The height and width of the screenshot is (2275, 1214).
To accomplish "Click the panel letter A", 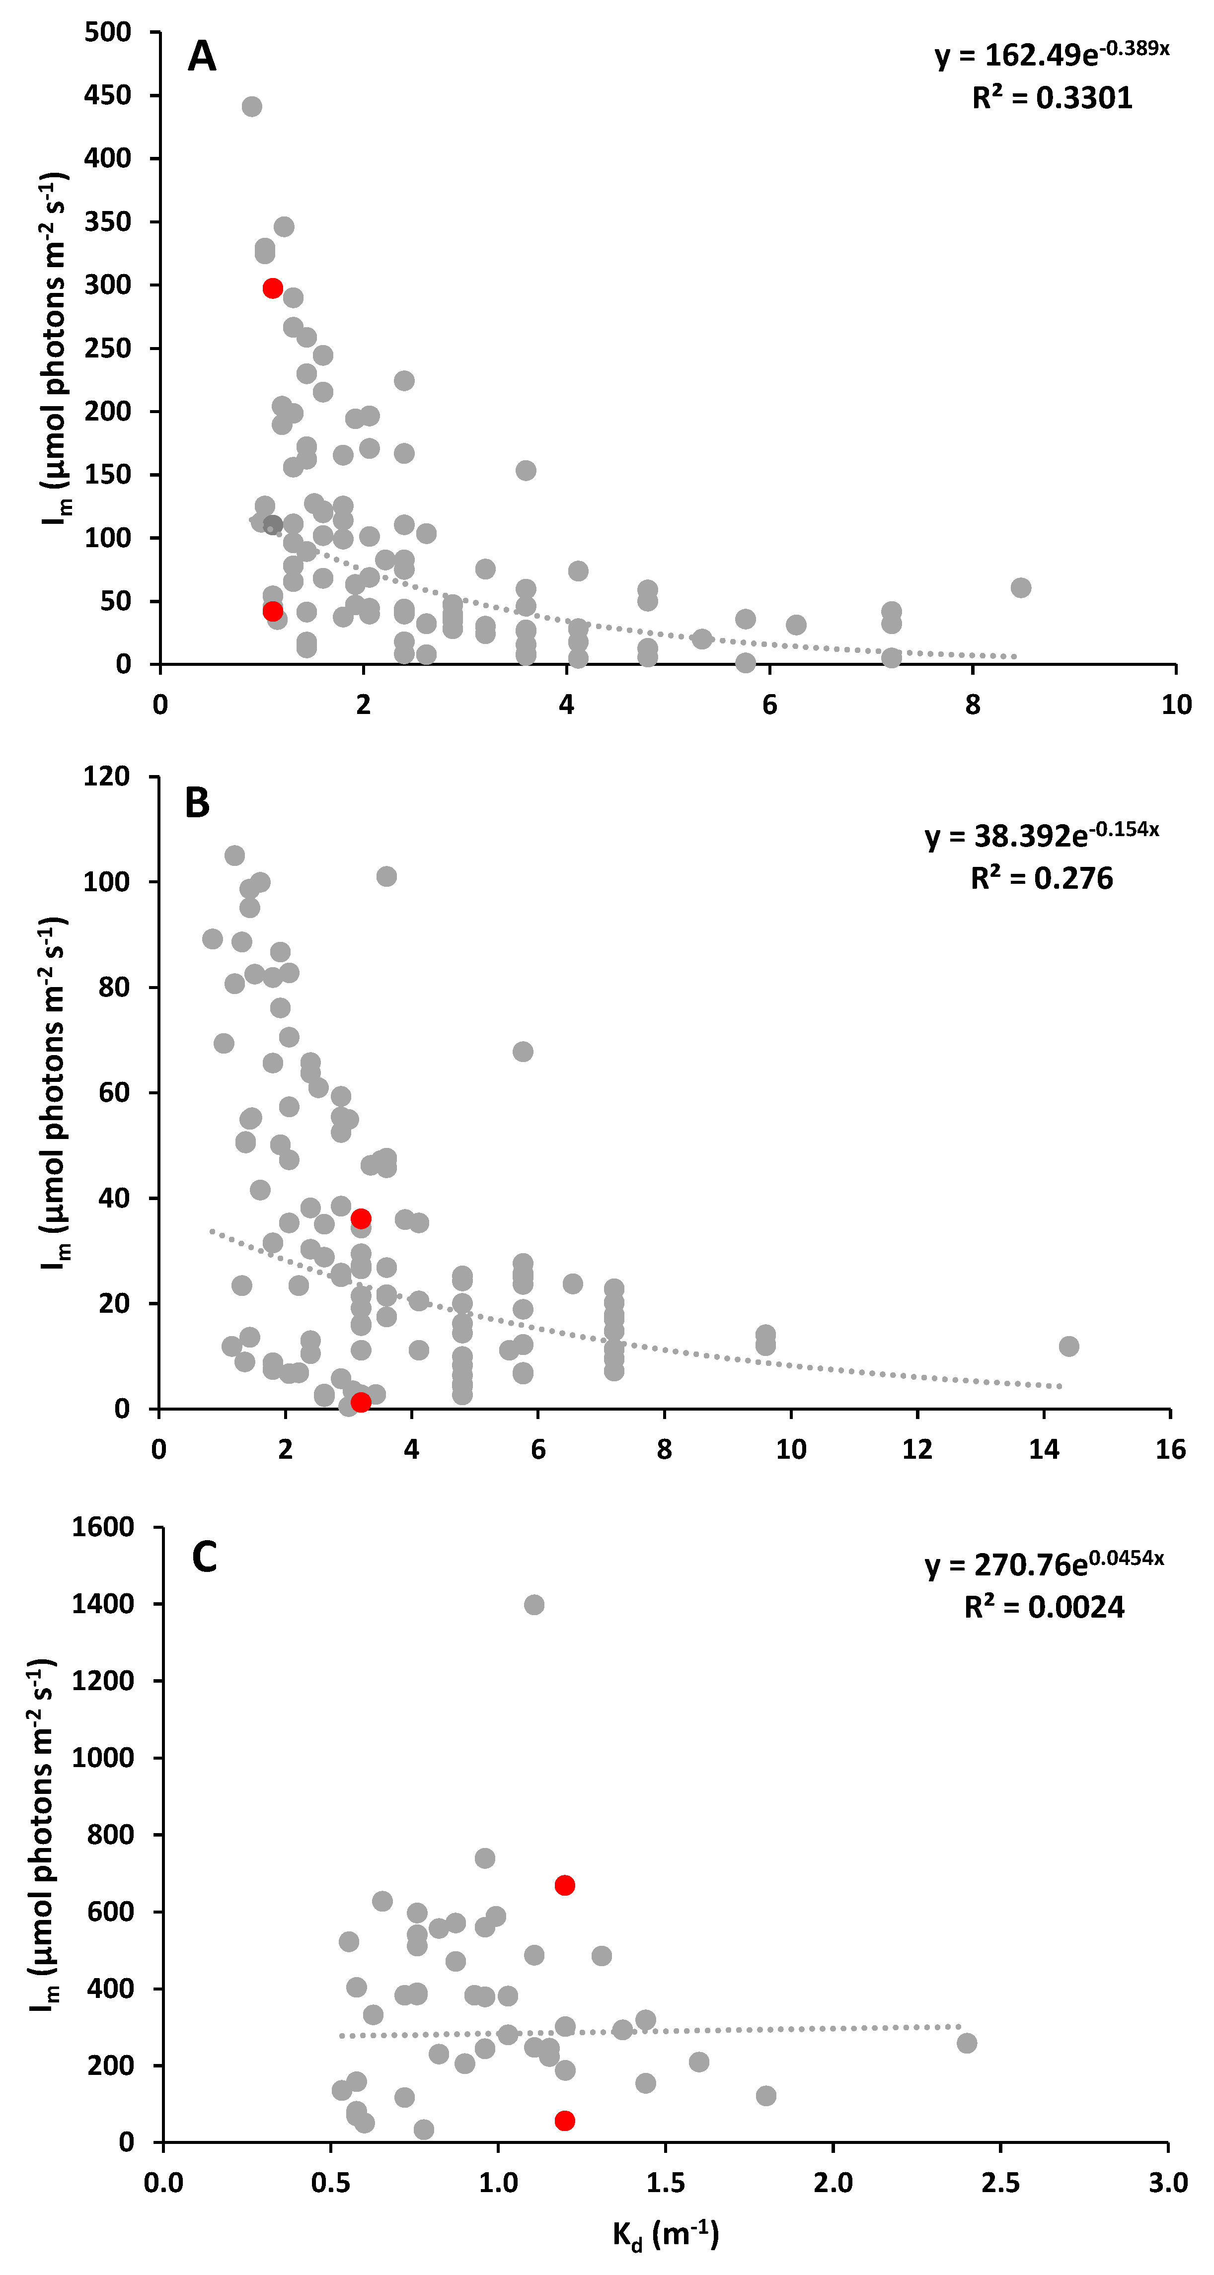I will (202, 57).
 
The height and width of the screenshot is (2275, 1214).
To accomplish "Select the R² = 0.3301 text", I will (1052, 97).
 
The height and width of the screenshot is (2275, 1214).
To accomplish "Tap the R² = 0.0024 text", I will (1044, 1607).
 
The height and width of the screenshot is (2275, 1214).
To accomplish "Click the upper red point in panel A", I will (272, 288).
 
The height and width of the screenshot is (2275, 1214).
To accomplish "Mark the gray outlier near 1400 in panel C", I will (533, 1604).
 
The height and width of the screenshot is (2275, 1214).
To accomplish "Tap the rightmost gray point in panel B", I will (1069, 1346).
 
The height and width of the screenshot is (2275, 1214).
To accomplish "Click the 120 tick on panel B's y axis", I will (106, 777).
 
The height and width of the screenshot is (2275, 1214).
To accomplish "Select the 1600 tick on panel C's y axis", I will (102, 1526).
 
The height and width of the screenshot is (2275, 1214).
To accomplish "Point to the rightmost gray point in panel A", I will (1020, 587).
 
